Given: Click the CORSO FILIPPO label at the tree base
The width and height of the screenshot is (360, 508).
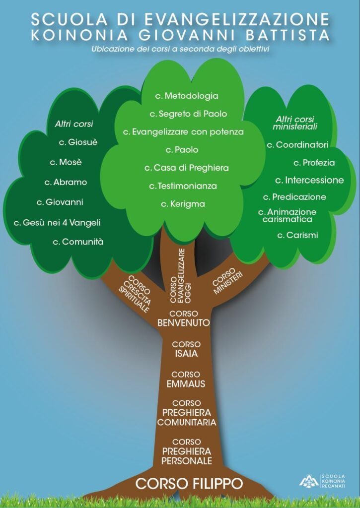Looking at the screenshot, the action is tap(189, 484).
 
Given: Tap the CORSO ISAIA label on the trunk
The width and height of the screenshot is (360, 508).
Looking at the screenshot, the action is tap(186, 349).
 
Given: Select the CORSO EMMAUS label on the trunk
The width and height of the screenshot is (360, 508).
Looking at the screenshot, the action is tap(186, 379).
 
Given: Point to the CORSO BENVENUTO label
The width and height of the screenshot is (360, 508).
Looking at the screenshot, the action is tap(184, 318).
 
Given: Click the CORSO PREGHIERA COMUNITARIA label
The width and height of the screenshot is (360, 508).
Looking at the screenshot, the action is tap(187, 413).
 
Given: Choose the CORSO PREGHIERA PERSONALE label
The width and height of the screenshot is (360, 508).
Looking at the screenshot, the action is tap(187, 451).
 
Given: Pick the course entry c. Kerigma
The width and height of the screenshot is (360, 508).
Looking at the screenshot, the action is tap(183, 204).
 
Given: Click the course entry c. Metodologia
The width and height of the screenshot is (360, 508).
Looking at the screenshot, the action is tap(187, 96).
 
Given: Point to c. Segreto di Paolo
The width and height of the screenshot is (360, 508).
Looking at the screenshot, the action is tap(188, 114).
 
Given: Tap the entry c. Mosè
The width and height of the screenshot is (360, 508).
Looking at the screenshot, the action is tap(66, 162).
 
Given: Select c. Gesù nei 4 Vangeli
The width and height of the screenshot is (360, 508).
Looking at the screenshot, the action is tap(57, 223).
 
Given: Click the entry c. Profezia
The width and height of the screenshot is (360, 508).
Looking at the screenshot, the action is tap(314, 163).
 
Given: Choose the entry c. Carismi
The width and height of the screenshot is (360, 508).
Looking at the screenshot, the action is tap(297, 235).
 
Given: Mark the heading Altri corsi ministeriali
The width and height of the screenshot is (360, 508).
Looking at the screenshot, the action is tap(295, 123).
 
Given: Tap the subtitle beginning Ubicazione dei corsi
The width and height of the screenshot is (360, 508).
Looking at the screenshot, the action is tap(180, 49).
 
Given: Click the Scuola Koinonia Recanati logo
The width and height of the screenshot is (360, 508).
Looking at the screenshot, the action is tap(322, 481).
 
